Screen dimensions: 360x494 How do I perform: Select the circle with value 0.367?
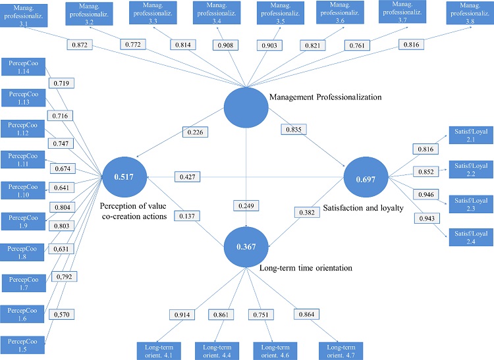245,246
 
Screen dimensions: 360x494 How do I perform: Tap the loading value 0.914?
182,315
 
